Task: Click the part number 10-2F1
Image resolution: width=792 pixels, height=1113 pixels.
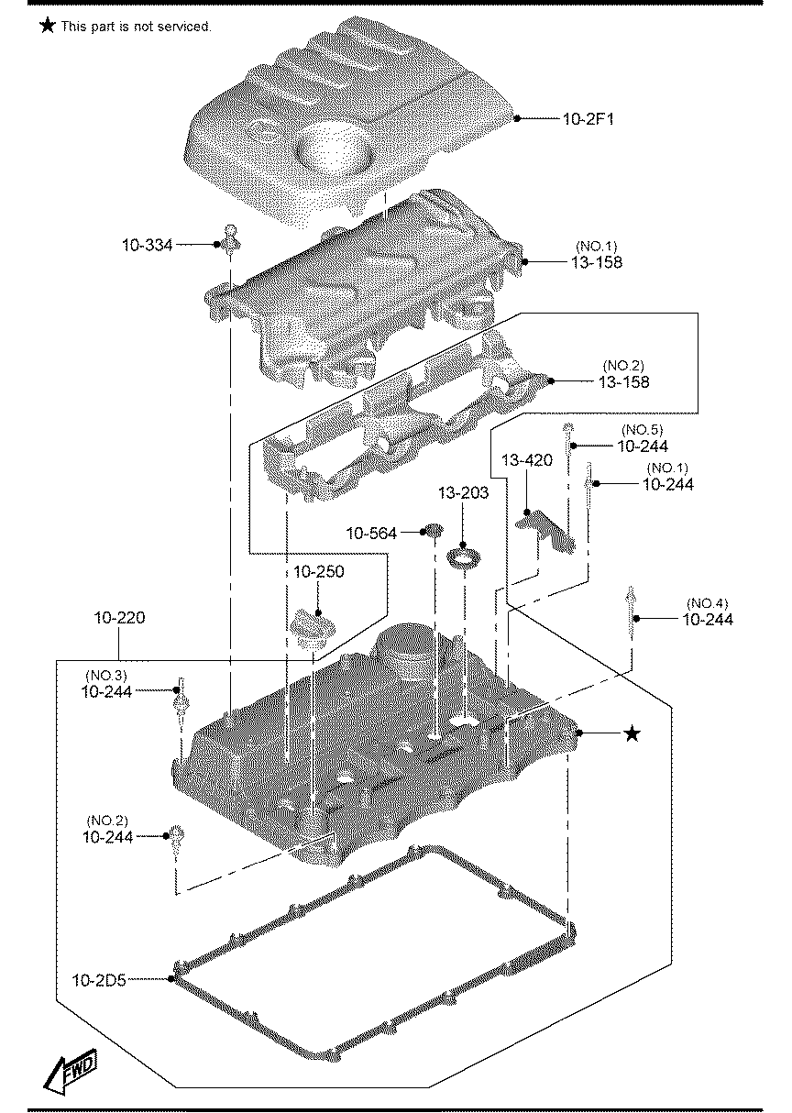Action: pyautogui.click(x=588, y=119)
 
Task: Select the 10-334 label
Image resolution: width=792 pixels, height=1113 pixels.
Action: pyautogui.click(x=147, y=245)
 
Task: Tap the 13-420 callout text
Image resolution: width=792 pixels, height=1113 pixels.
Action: pyautogui.click(x=527, y=460)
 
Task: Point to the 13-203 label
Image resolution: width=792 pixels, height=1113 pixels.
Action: pyautogui.click(x=463, y=493)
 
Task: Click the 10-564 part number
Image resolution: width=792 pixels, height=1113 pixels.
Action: pyautogui.click(x=371, y=534)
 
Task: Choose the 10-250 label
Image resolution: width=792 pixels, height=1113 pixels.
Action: pyautogui.click(x=318, y=571)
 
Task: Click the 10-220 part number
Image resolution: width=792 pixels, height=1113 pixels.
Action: pyautogui.click(x=119, y=618)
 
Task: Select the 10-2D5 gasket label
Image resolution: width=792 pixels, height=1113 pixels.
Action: pyautogui.click(x=99, y=980)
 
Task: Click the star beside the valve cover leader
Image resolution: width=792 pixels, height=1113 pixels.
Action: pyautogui.click(x=632, y=733)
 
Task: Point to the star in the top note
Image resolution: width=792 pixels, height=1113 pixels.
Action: pyautogui.click(x=47, y=26)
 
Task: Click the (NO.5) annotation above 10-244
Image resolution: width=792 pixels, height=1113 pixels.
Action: pyautogui.click(x=642, y=430)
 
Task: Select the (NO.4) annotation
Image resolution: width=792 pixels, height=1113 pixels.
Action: pyautogui.click(x=707, y=603)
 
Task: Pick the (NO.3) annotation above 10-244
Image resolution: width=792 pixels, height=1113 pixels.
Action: pyautogui.click(x=106, y=676)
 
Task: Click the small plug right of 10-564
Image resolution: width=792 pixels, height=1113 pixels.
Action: pyautogui.click(x=434, y=530)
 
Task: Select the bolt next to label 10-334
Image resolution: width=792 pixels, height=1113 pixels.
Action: pyautogui.click(x=232, y=239)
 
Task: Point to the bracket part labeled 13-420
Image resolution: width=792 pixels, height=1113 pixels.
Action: pyautogui.click(x=545, y=532)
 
